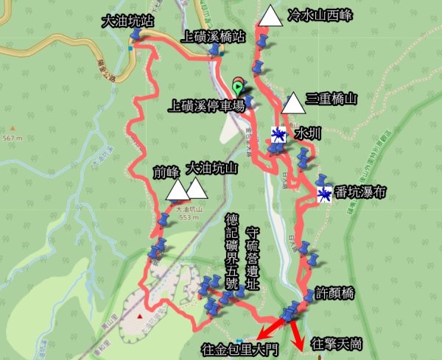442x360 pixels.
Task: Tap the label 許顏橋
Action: click(334, 294)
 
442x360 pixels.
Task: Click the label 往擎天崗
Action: click(336, 344)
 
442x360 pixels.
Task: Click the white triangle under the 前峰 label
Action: click(178, 191)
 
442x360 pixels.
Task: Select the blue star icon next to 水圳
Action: click(278, 134)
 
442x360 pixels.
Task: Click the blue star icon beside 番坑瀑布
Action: click(324, 194)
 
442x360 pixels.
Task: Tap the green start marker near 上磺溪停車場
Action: click(237, 85)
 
